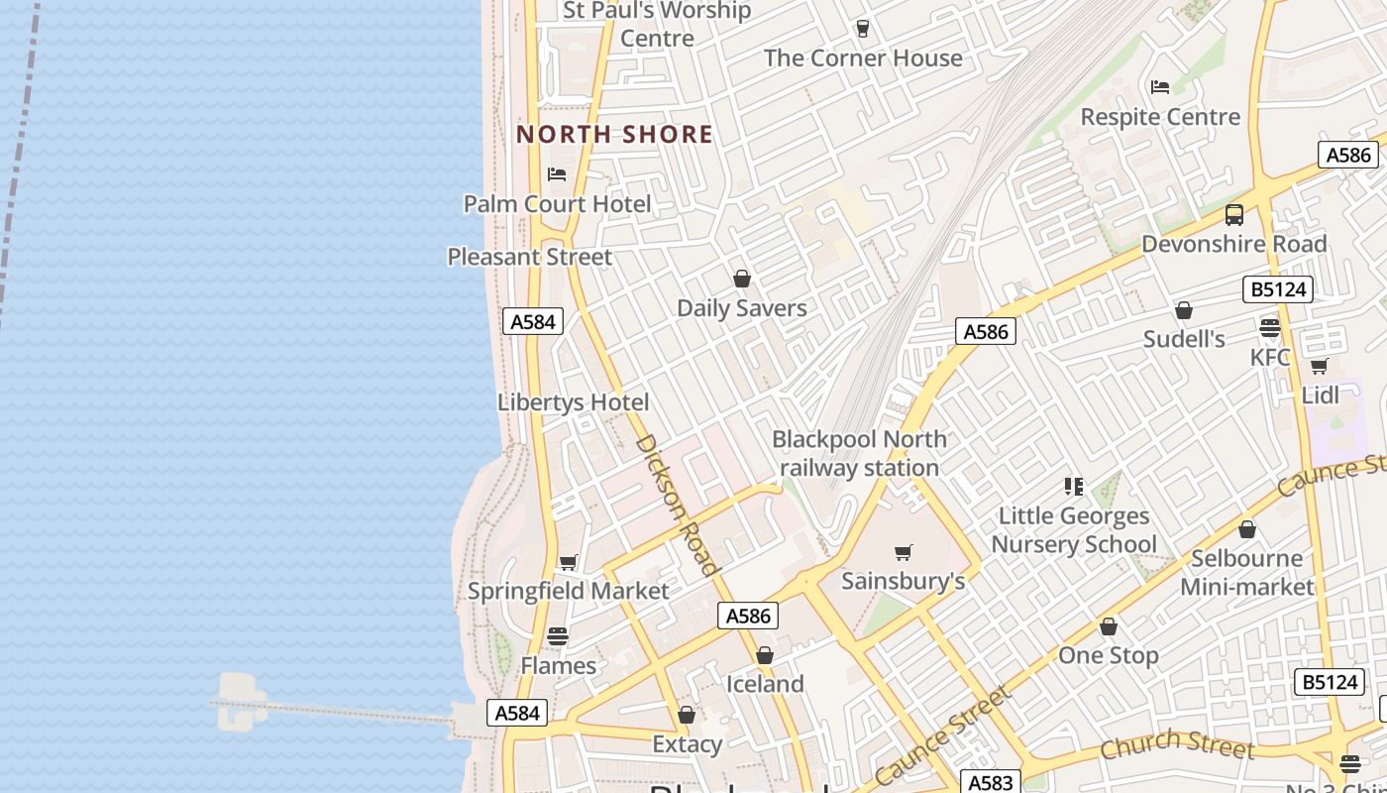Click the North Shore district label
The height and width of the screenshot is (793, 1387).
point(614,134)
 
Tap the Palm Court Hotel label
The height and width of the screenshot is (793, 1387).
point(558,204)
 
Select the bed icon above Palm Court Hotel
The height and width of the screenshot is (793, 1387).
point(557,174)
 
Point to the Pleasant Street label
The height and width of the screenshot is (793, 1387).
point(530,257)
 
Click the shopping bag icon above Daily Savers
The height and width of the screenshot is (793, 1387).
point(741,279)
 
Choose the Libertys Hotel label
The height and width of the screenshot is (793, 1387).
point(574,402)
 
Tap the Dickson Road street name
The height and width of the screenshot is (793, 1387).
point(677,505)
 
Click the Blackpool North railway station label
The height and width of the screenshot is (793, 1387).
point(859,453)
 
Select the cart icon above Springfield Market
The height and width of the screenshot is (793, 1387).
point(568,563)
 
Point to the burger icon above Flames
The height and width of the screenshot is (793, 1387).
point(558,635)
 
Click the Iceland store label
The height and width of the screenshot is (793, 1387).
point(765,684)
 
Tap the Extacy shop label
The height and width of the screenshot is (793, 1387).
point(687,743)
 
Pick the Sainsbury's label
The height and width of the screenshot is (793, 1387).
point(903,581)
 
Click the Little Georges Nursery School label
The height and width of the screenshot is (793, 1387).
point(1074,530)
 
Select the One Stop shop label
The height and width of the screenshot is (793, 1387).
point(1108,655)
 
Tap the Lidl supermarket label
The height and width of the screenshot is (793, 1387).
point(1320,396)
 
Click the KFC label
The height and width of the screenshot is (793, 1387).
point(1270,357)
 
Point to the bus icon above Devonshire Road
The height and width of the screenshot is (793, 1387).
point(1234,215)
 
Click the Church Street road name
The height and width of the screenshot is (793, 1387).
point(1177,743)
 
